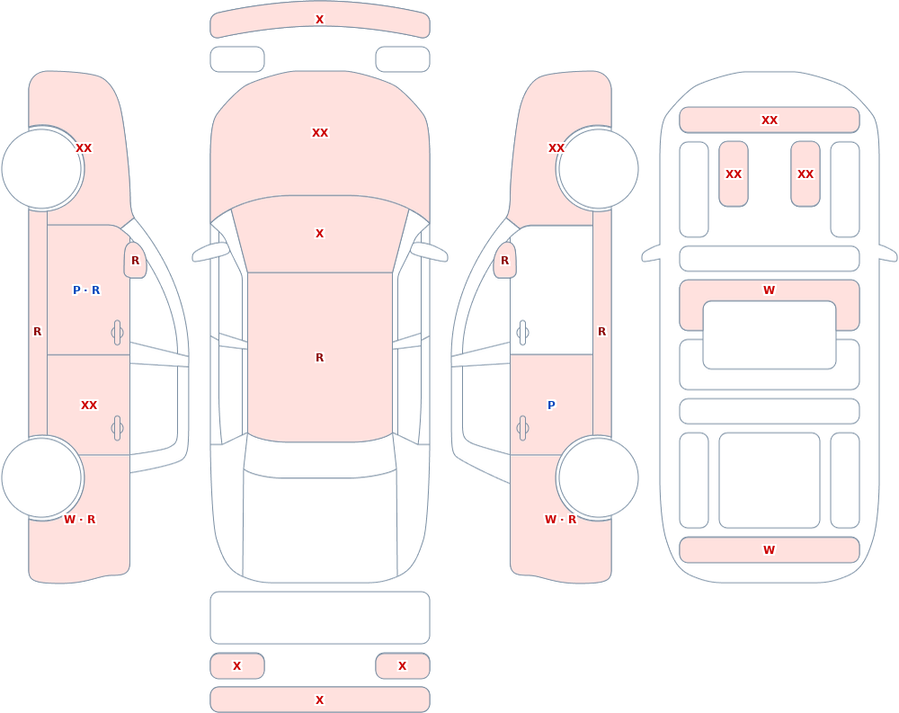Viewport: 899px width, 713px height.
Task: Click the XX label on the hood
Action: [320, 132]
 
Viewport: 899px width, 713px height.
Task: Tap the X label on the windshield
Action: [320, 234]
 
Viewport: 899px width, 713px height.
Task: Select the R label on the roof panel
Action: [320, 357]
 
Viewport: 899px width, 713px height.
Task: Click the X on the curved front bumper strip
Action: [320, 20]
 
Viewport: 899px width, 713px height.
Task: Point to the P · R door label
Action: [86, 290]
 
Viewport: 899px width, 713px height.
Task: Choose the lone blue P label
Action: [551, 405]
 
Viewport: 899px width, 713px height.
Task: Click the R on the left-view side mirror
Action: [136, 261]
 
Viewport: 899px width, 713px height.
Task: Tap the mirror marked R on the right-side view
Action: [504, 261]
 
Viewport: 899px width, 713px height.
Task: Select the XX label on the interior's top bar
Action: [770, 120]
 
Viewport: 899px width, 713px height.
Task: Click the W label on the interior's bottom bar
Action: [770, 549]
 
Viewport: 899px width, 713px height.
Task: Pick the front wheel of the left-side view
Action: [42, 169]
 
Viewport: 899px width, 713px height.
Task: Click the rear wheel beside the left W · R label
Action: [42, 477]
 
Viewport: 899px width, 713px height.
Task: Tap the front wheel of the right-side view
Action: [598, 169]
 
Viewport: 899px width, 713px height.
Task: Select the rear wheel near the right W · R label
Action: [598, 477]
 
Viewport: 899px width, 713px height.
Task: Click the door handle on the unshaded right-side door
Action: [522, 333]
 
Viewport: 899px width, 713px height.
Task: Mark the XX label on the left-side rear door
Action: [89, 405]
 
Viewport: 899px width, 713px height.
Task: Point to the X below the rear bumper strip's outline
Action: [320, 700]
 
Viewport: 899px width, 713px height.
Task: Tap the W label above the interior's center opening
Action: [770, 290]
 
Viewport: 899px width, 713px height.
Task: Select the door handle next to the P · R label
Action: [118, 333]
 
